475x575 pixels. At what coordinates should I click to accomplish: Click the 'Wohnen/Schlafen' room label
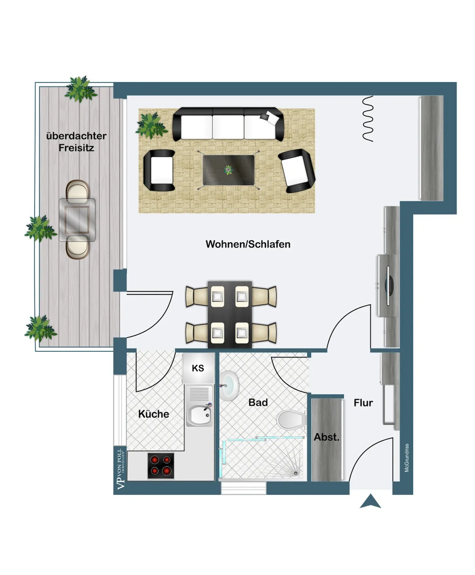pos(248,244)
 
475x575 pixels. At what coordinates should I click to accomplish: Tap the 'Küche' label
pos(153,414)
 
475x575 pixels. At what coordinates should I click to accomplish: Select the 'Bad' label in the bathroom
pos(258,402)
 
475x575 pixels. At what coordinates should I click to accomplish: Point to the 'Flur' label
pos(363,403)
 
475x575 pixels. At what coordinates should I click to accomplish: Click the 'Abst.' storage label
pos(327,437)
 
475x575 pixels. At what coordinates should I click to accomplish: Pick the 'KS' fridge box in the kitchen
pos(198,368)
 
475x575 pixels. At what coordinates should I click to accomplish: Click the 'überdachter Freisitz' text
pos(76,142)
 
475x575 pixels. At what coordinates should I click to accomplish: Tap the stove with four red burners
pos(161,465)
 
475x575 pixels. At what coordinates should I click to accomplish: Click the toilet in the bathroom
pos(291,420)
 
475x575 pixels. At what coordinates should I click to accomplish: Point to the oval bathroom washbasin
pos(230,385)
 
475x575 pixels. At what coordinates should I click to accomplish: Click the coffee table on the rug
pos(228,170)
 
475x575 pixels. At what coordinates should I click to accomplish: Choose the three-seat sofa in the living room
pos(228,124)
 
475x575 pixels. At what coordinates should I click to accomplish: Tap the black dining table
pos(230,314)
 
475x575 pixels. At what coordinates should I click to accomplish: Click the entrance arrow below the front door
pos(370,502)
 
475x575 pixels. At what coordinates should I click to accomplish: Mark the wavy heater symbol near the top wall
pos(368,118)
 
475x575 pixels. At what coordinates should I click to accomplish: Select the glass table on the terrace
pos(77,220)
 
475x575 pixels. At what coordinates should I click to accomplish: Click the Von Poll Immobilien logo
pos(120,468)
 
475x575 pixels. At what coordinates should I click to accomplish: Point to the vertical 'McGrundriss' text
pos(407,458)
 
